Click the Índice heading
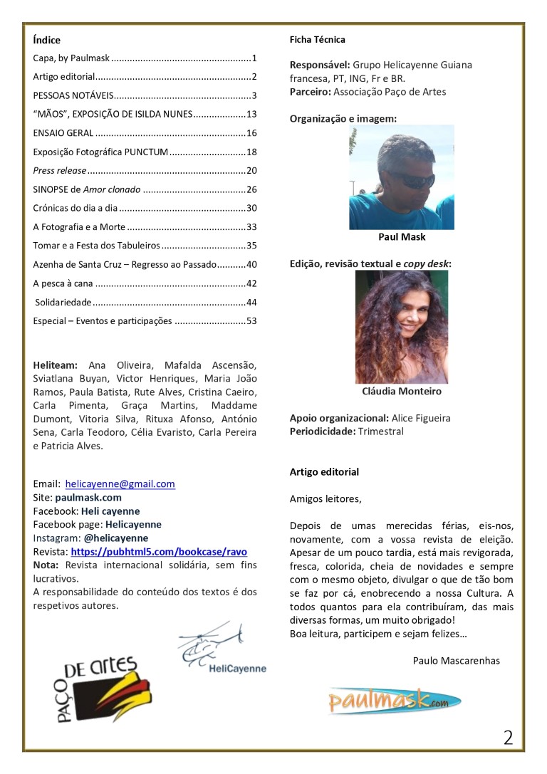pos(47,41)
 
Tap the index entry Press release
pos(60,171)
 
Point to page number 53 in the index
pos(251,321)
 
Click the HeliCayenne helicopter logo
pos(222,649)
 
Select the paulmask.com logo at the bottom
pos(394,700)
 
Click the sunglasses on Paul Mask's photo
pos(416,179)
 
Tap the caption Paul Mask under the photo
pos(402,237)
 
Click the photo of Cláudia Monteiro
pos(401,327)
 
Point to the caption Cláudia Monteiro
pos(402,392)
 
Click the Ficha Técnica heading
pos(317,40)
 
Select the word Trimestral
pos(380,432)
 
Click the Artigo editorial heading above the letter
pos(324,472)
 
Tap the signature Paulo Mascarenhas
pos(456,661)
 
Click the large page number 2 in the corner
pos(508,738)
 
